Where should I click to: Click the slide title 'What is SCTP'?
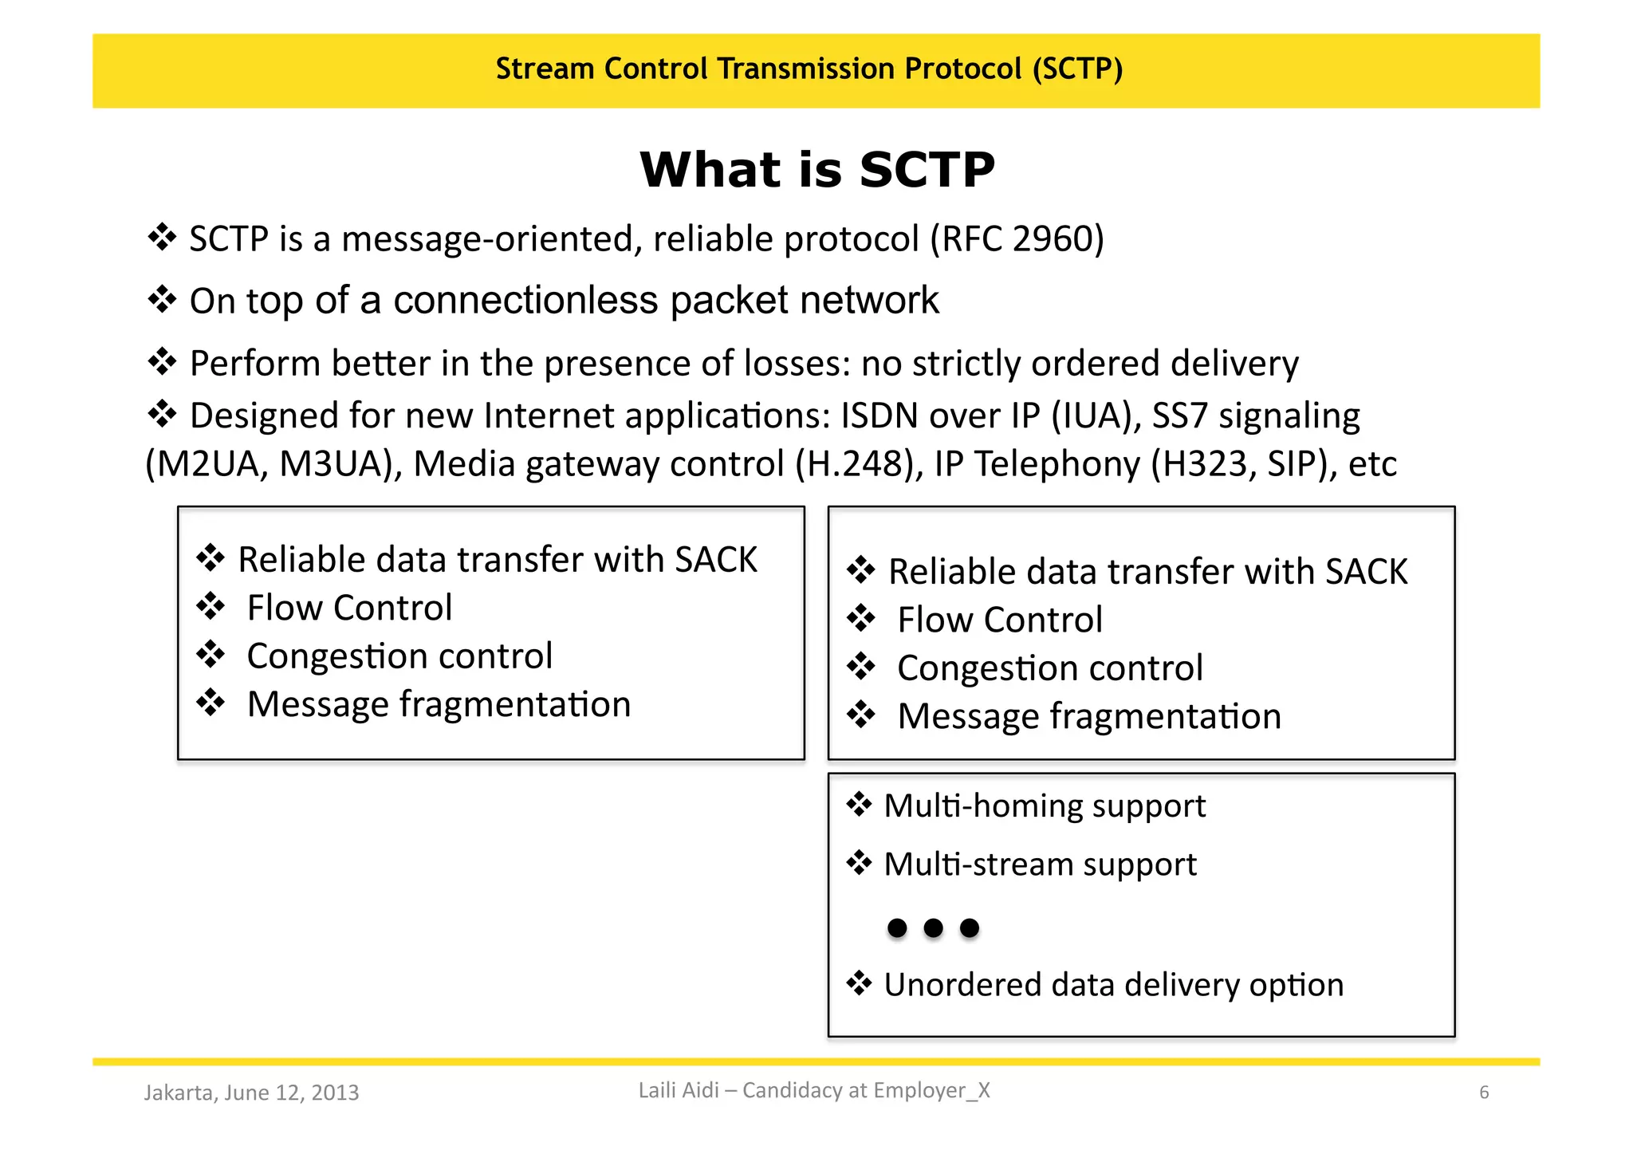click(816, 169)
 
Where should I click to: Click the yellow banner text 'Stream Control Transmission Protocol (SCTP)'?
click(809, 69)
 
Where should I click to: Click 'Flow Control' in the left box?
click(349, 608)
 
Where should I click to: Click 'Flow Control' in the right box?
click(1000, 620)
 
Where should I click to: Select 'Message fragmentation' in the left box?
click(439, 704)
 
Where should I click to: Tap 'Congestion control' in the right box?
click(1049, 668)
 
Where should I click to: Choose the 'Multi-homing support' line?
click(1045, 805)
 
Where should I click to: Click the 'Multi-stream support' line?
click(1040, 865)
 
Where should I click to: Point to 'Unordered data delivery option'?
click(1113, 985)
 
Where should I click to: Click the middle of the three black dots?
click(933, 928)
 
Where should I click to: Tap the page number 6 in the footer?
click(1484, 1093)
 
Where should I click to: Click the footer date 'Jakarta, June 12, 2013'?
click(251, 1093)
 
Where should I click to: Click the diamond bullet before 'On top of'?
click(162, 300)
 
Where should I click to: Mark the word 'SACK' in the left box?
click(715, 560)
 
